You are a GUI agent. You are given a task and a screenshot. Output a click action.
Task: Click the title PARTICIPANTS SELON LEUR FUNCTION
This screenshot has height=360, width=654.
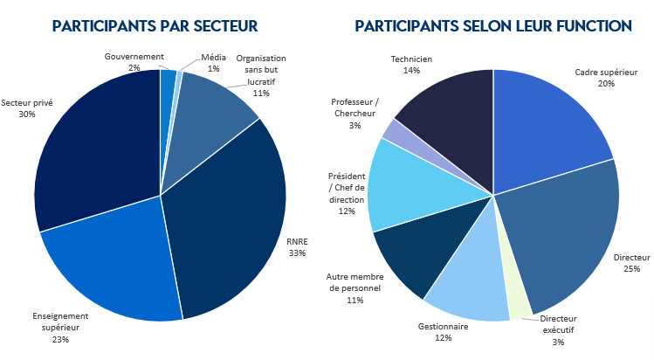(x=493, y=26)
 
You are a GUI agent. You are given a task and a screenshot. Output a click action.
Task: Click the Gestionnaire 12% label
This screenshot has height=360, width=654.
(x=430, y=332)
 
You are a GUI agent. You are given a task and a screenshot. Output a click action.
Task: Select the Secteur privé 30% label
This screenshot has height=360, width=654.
(x=26, y=108)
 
